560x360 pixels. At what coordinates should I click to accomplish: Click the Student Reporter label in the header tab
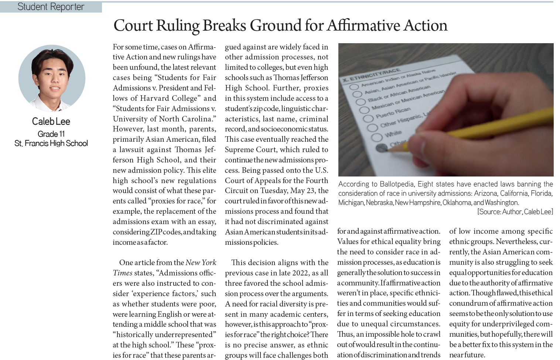51,7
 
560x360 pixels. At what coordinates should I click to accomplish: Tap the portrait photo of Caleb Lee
52,78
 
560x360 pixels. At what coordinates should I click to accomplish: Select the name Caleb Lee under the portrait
51,121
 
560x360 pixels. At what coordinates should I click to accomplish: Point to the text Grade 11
51,134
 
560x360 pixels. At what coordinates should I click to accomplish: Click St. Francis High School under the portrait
51,143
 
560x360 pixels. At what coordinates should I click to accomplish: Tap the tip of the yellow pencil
389,150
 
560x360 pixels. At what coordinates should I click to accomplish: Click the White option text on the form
393,134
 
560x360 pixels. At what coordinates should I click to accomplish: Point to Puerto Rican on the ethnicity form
393,113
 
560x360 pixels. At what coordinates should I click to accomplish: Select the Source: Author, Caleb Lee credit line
515,212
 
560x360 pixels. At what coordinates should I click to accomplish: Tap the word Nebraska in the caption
379,202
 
